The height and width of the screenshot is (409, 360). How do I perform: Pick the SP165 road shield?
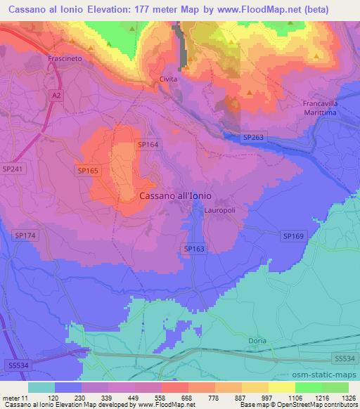coord(88,170)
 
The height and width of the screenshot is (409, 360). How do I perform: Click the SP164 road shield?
coord(148,144)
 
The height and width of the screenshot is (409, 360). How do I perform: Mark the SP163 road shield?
coord(194,249)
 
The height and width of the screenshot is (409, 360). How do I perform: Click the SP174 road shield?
coord(25,235)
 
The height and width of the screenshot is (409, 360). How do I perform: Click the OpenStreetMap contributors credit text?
coord(319,405)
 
